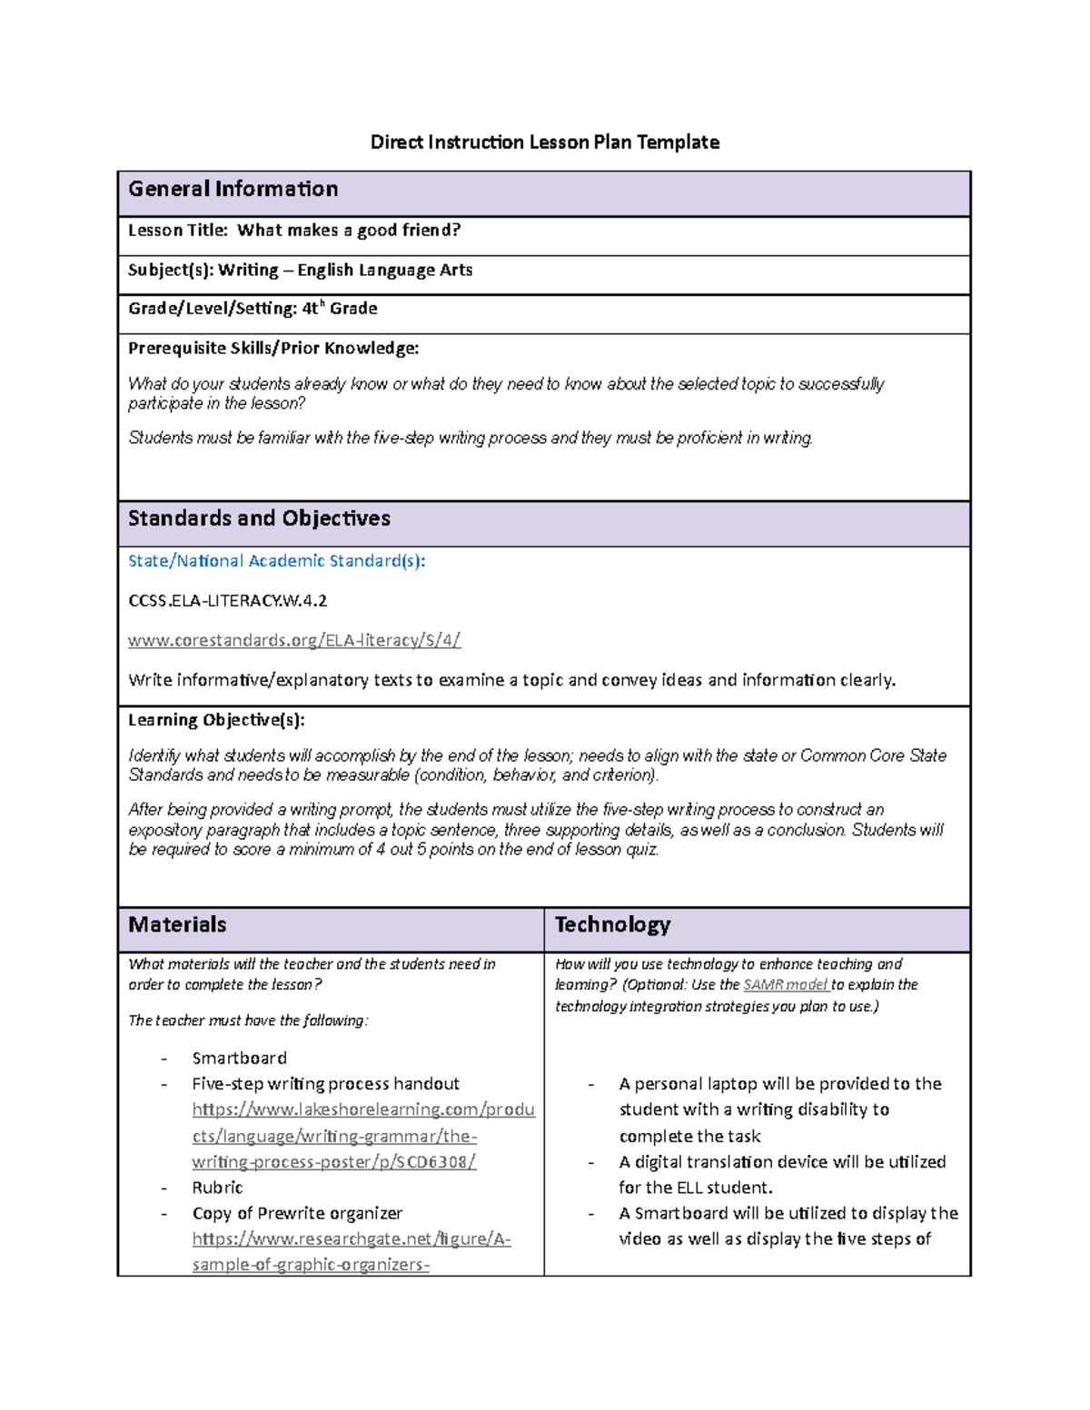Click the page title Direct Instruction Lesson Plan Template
544,143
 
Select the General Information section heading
233,189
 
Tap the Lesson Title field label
178,231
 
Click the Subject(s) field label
171,271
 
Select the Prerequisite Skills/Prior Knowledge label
273,349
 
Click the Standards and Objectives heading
259,518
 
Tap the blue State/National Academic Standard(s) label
276,561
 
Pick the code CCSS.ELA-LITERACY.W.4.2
227,601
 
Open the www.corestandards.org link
294,640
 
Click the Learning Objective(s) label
216,720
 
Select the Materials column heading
177,925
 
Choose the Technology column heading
612,925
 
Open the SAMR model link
785,985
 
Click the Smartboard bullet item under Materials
239,1059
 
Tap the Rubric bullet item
217,1188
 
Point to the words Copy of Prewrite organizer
297,1214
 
